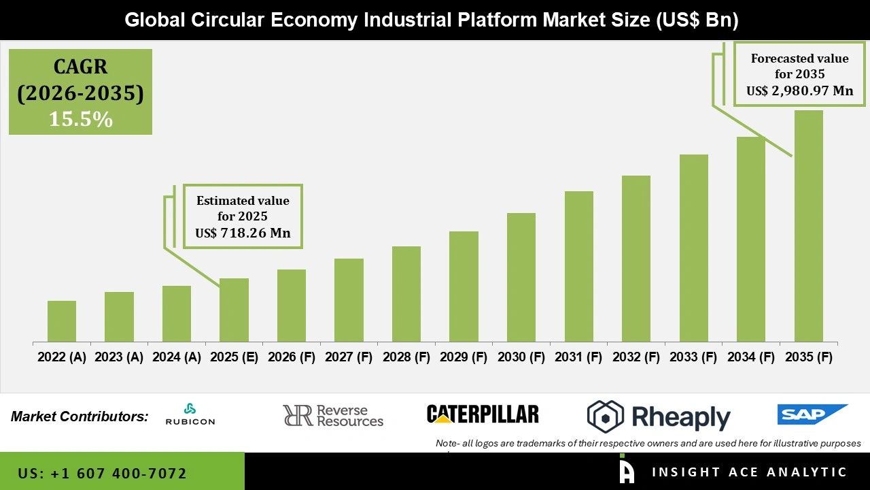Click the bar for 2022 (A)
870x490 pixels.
[62, 321]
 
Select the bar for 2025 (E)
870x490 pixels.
[234, 310]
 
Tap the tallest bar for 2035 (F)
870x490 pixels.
[808, 226]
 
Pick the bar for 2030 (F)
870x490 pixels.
[521, 278]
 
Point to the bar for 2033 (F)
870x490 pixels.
[693, 248]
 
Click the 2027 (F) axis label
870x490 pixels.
[349, 357]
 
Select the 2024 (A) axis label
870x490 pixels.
[177, 357]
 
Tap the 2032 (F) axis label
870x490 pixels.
[636, 357]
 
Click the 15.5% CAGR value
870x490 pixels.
[80, 119]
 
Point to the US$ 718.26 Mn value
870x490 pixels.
[243, 233]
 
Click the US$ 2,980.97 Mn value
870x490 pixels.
[799, 91]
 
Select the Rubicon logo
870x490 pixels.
[190, 414]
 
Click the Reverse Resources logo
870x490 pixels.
[333, 415]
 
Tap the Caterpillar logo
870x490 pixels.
[483, 414]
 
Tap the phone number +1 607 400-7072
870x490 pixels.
[103, 473]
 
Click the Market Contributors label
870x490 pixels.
[80, 416]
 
